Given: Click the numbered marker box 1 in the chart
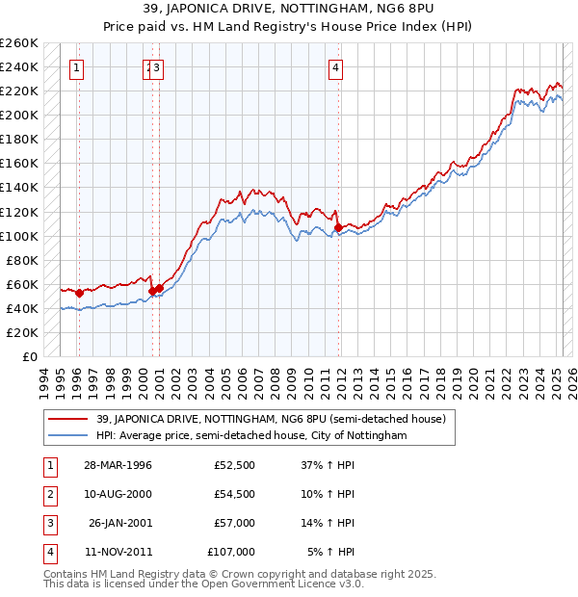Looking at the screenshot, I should click(x=76, y=67).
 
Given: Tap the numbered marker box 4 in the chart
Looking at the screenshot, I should click(x=335, y=67).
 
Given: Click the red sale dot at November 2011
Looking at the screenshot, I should click(x=338, y=227).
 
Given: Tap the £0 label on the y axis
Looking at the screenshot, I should click(x=31, y=357).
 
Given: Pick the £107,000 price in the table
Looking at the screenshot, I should click(x=231, y=553).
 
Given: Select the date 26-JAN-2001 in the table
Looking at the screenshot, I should click(x=118, y=524).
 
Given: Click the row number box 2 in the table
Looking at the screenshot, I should click(x=50, y=495).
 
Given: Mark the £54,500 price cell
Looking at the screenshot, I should click(x=234, y=495).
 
